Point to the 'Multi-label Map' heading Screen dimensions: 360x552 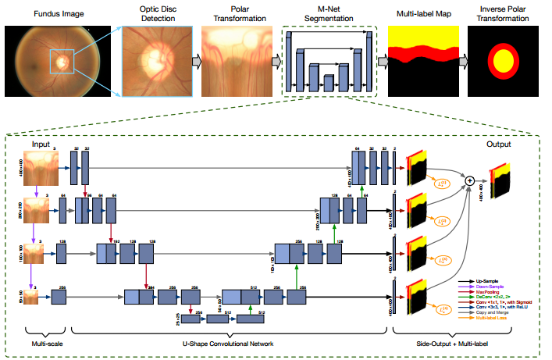click(422, 13)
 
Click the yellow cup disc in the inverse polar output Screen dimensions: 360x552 click(504, 62)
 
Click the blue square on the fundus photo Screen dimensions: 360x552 click(62, 60)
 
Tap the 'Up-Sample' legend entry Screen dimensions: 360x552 click(486, 279)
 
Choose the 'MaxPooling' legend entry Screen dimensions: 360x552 click(485, 290)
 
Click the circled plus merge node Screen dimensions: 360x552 click(470, 180)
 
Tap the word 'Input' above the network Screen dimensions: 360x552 click(40, 144)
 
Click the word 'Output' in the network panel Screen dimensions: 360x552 click(499, 144)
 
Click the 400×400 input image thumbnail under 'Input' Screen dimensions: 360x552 click(39, 166)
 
